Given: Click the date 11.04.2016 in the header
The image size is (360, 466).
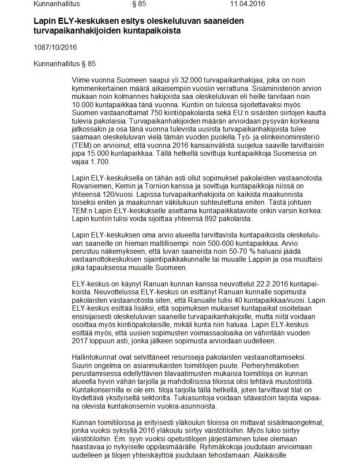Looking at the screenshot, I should click(247, 4).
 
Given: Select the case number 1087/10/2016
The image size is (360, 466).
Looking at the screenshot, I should click(55, 47).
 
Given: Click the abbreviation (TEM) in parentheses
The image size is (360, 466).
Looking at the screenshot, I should click(82, 145).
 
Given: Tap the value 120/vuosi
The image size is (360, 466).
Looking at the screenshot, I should click(118, 194).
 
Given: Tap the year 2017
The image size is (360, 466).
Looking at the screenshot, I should click(80, 341).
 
